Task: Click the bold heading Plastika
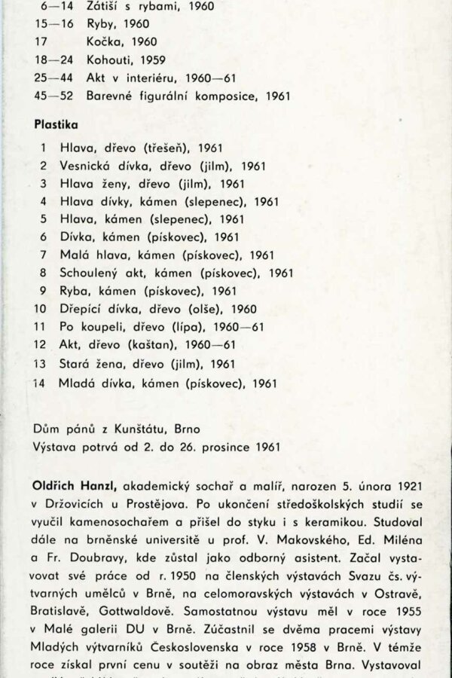point(56,123)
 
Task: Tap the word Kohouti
point(87,60)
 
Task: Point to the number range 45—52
point(50,96)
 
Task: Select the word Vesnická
point(87,166)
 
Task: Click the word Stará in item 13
point(74,364)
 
